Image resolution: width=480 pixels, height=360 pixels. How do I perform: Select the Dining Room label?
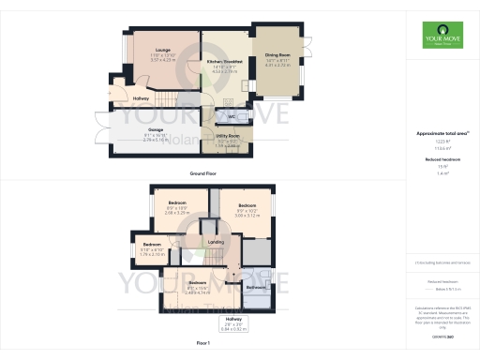coord(278,54)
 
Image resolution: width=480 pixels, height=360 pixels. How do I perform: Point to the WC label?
coord(231,115)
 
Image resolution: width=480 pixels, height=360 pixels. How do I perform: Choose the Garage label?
coord(156,129)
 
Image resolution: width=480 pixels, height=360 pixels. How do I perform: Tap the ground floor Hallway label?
coord(142,97)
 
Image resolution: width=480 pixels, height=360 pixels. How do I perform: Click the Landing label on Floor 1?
coord(215,241)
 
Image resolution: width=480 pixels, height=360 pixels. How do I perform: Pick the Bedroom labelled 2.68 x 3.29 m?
coord(177,202)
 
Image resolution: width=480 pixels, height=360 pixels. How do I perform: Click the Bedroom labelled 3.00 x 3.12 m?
coord(247,205)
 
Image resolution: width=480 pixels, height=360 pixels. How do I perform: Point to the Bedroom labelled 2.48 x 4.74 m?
coord(197,282)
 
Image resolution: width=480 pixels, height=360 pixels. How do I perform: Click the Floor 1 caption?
coord(203,344)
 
